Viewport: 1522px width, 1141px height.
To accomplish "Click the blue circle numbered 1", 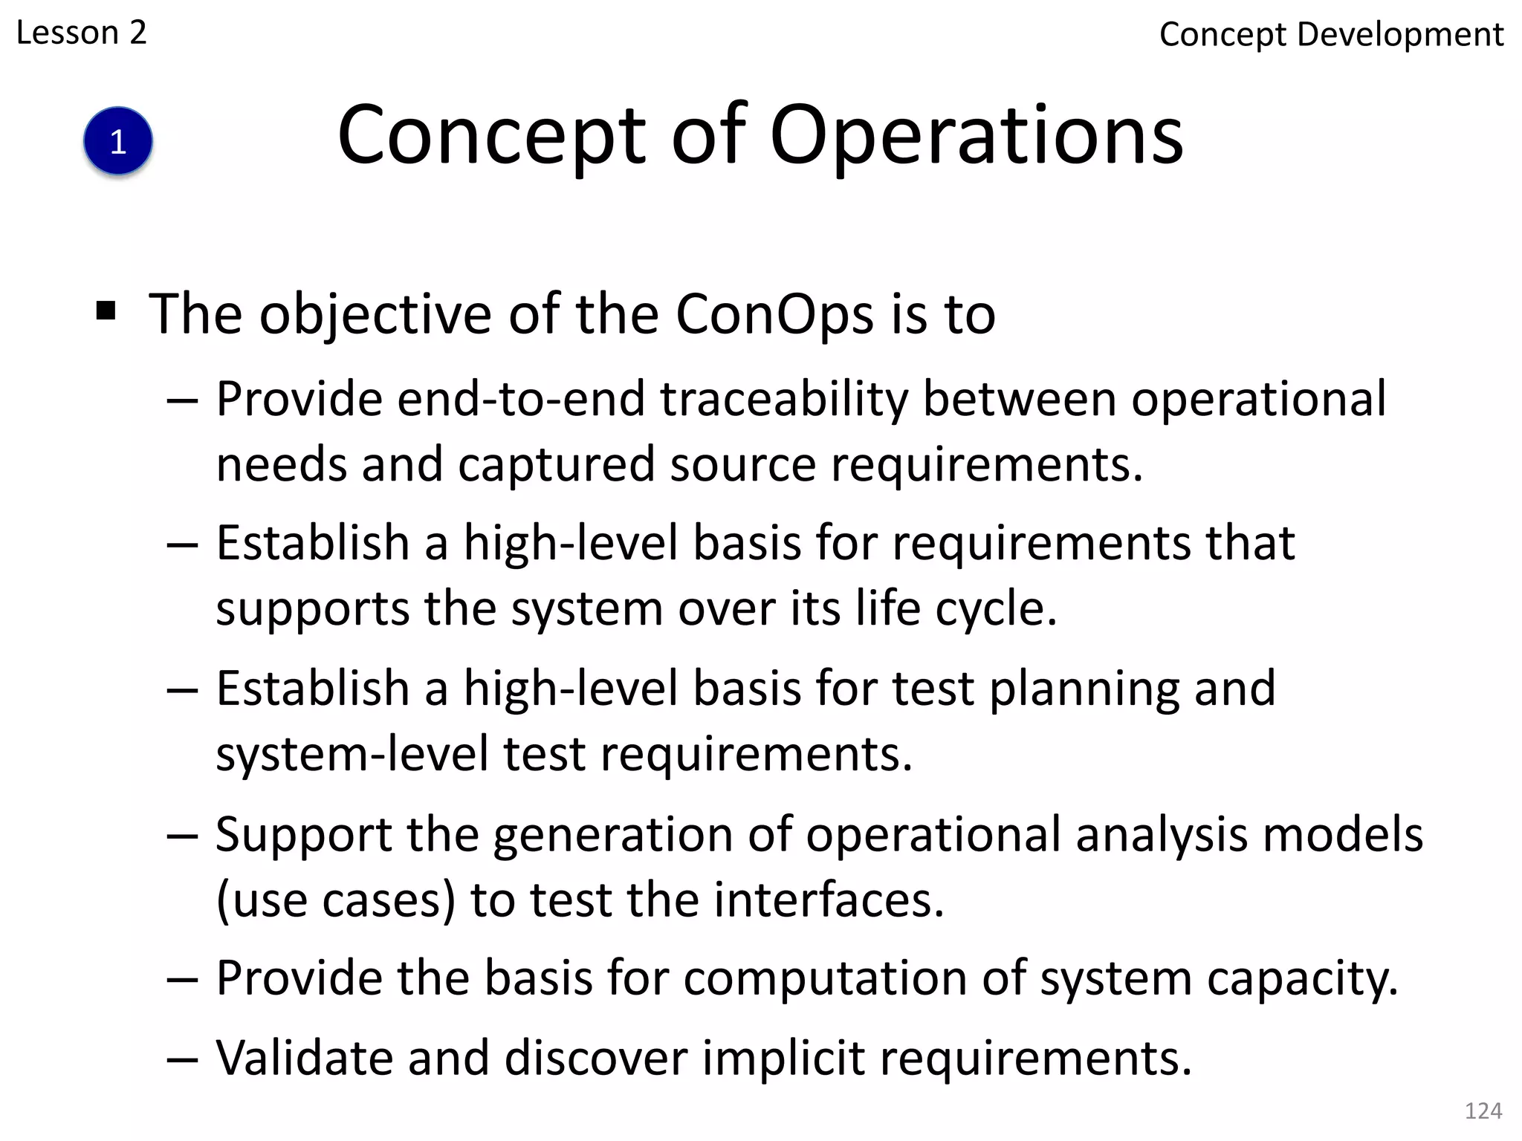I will [x=118, y=141].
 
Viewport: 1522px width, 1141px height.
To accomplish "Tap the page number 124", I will [x=1483, y=1111].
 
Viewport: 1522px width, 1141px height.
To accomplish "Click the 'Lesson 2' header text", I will [x=81, y=33].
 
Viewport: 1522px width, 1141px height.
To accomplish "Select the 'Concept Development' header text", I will [x=1331, y=35].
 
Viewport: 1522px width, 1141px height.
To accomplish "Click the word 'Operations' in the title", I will [x=976, y=136].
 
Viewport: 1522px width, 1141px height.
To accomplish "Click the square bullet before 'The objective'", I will [x=106, y=311].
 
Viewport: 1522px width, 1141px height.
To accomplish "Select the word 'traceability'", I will [x=784, y=400].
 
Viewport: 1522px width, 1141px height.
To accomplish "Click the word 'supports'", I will [x=312, y=609].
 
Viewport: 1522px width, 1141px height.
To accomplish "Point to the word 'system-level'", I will [x=352, y=754].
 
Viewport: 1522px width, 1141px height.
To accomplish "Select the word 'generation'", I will [x=612, y=835].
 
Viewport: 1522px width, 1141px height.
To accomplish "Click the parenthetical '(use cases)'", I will [x=336, y=900].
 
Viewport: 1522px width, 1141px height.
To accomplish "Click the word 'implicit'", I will [x=783, y=1059].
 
